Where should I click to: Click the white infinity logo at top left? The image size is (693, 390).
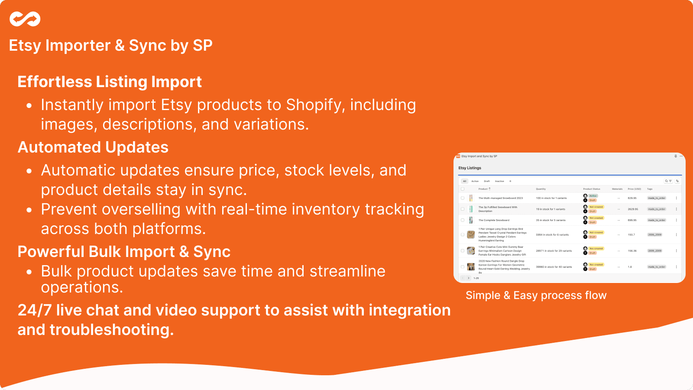pos(25,19)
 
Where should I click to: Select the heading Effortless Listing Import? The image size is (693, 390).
pos(110,82)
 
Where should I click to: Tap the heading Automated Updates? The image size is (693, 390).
pos(93,147)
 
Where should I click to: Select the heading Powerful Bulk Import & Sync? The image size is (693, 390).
pos(124,252)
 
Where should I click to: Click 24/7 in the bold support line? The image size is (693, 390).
pos(35,310)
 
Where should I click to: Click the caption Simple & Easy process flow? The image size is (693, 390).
pos(536,296)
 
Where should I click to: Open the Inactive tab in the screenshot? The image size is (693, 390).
pos(499,181)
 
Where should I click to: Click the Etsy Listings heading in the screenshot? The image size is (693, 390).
pos(470,168)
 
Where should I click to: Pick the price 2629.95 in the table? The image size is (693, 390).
pos(633,209)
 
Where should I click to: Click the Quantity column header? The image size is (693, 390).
pos(541,189)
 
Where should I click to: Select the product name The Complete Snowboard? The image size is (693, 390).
pos(494,220)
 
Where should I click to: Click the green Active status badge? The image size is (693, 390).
pos(593,196)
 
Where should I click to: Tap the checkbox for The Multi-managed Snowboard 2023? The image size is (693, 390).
pos(463,198)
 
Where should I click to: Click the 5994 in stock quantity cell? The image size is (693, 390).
pos(552,235)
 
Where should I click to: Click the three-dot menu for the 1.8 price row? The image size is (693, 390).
pos(676,267)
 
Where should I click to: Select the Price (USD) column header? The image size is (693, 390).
pos(634,189)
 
